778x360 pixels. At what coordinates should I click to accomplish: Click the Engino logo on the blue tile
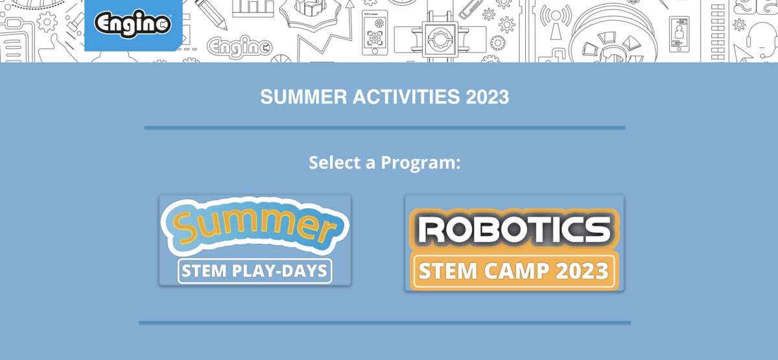point(133,23)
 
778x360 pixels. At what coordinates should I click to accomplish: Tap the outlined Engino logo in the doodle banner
point(240,46)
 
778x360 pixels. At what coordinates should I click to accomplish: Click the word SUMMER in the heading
point(303,97)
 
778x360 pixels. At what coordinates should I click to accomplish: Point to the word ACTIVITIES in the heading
point(407,97)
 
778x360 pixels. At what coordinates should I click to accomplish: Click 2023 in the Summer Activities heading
point(488,97)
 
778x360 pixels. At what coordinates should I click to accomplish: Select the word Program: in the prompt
point(421,163)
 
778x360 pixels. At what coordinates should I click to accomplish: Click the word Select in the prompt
point(335,163)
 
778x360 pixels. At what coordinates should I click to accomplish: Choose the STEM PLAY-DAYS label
point(255,271)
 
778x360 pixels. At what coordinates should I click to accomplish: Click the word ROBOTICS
point(514,230)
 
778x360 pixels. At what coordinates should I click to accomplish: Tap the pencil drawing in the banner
point(211,14)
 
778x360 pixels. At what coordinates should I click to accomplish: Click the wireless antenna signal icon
point(556,21)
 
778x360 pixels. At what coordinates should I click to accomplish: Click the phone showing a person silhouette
point(679,34)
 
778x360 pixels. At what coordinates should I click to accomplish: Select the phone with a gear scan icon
point(375,32)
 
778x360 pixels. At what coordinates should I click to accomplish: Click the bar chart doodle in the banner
point(253,8)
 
